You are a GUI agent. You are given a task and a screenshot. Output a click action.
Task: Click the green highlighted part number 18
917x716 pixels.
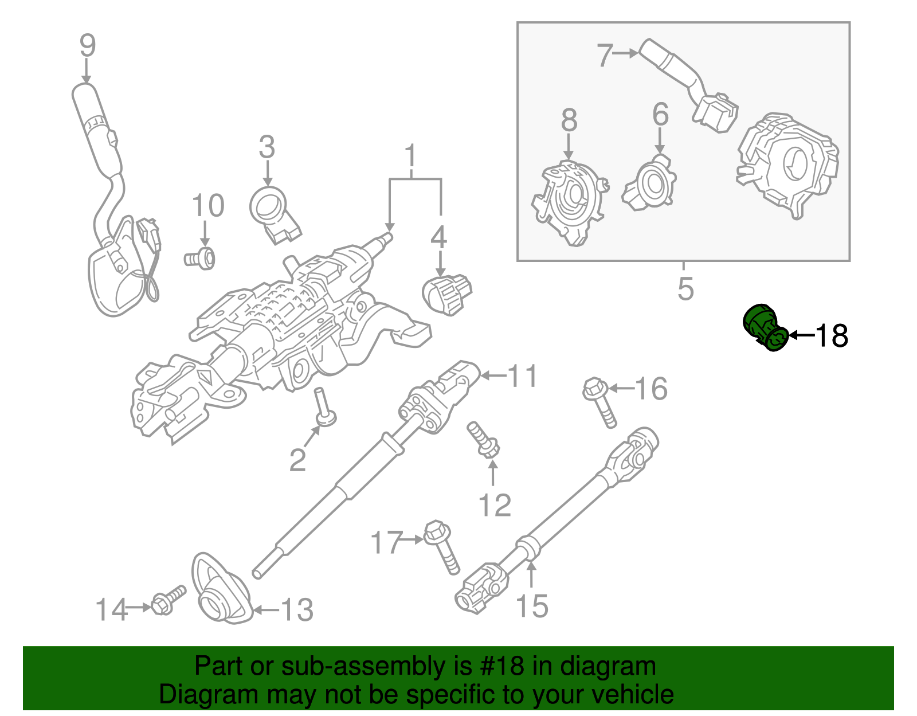pyautogui.click(x=765, y=327)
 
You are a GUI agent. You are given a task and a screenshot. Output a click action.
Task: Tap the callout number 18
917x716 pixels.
pyautogui.click(x=831, y=335)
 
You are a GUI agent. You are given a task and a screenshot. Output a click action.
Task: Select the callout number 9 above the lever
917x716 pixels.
pyautogui.click(x=87, y=46)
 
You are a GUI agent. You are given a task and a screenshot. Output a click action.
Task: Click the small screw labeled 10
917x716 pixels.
pyautogui.click(x=201, y=259)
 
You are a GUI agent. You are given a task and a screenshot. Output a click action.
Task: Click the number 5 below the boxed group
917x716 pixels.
pyautogui.click(x=685, y=288)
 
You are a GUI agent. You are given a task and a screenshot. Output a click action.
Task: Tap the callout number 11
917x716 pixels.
pyautogui.click(x=523, y=376)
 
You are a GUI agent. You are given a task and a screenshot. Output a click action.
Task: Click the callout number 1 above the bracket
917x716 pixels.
pyautogui.click(x=410, y=156)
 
